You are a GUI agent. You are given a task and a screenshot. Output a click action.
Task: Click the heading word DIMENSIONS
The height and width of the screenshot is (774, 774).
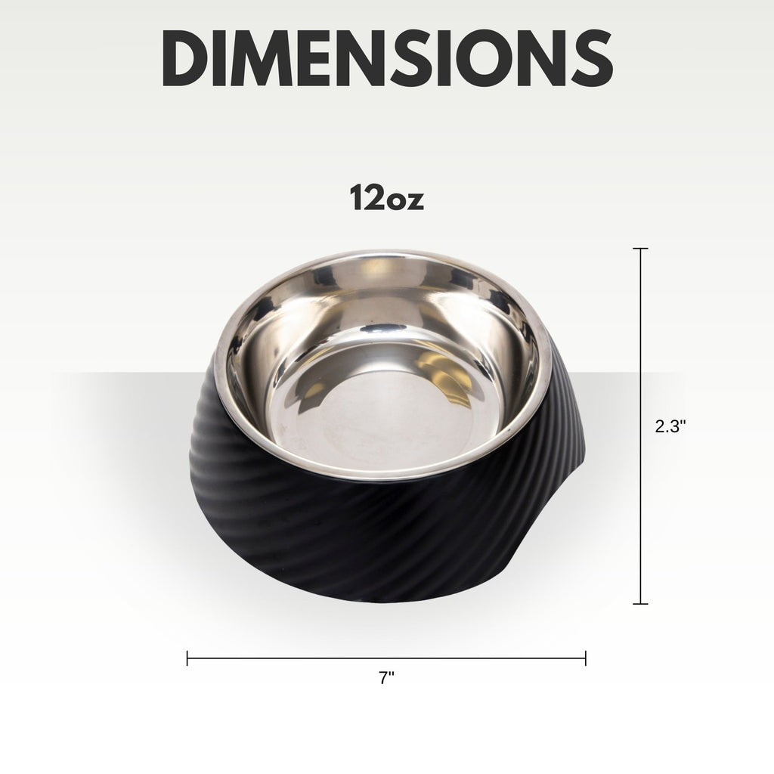(x=388, y=58)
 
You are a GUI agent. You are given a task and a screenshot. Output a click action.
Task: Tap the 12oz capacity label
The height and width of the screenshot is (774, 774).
(x=387, y=197)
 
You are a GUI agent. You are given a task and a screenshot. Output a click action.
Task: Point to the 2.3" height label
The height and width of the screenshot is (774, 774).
(x=670, y=426)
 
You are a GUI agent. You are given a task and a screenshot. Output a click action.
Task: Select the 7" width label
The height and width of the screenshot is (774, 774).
(x=387, y=678)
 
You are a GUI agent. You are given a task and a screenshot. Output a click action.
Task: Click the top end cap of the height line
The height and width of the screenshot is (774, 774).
(x=640, y=249)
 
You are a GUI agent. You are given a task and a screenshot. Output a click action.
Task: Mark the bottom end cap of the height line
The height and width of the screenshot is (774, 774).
(x=640, y=603)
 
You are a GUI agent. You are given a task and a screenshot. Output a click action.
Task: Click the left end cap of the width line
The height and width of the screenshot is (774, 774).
(x=187, y=658)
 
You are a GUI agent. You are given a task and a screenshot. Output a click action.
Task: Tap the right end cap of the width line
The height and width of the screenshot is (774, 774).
(x=586, y=658)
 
